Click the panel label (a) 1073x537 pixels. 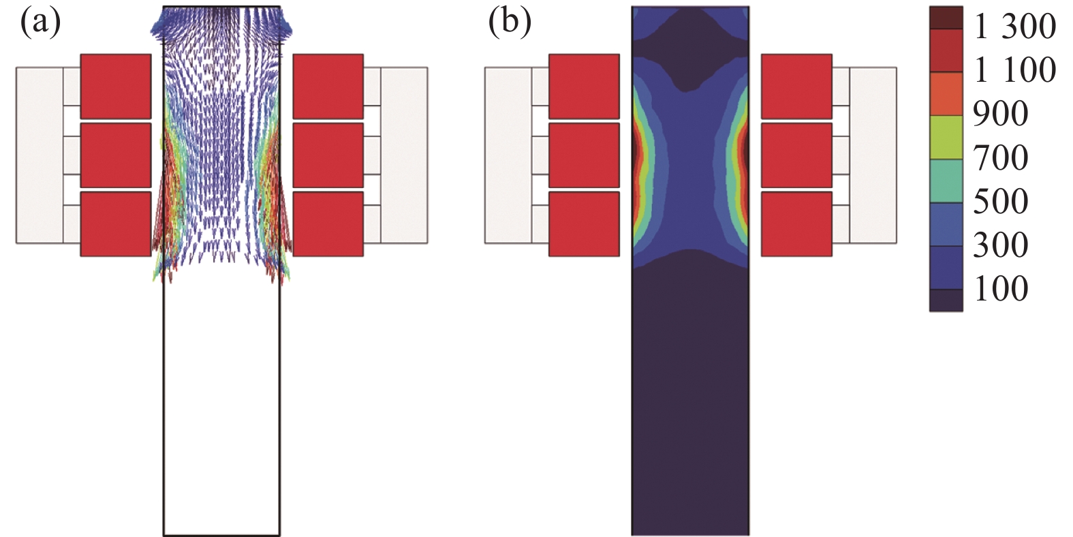tap(40, 24)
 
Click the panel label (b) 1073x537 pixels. tap(510, 24)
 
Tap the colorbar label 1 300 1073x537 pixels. tap(1014, 27)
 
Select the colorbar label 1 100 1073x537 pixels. tap(1014, 71)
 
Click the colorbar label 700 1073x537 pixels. tap(1000, 158)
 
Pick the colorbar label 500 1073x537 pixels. tap(1000, 202)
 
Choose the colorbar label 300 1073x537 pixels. tap(1000, 245)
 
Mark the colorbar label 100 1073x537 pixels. tap(1000, 289)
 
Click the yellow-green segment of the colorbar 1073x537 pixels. tap(946, 137)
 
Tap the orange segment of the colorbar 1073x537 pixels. tap(946, 93)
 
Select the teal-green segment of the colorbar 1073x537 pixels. tap(946, 181)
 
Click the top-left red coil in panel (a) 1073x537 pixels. tap(116, 87)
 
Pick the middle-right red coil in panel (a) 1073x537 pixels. tap(328, 155)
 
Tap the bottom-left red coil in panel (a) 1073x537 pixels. tap(116, 224)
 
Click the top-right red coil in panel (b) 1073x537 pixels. tap(796, 87)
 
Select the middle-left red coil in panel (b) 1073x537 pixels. tap(584, 155)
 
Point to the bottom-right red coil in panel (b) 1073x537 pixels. tap(796, 224)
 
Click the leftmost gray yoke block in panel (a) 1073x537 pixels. tap(40, 155)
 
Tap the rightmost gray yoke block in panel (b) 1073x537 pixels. tap(873, 155)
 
